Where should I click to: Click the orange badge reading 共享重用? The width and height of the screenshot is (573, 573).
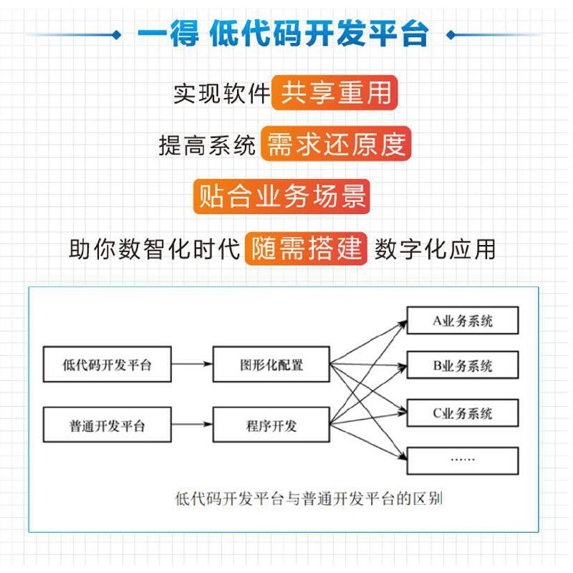[x=335, y=93]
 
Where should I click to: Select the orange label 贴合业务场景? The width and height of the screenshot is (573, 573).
[x=281, y=196]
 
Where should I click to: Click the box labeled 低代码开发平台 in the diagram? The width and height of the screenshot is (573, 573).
[x=107, y=365]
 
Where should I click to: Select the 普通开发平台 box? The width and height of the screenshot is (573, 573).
[x=107, y=425]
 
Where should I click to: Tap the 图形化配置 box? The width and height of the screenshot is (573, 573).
[x=271, y=365]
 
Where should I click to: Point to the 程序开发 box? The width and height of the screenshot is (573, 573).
[x=271, y=425]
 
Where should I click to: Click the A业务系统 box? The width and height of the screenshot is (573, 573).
[x=462, y=320]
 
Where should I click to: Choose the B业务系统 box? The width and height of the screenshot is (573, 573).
[x=462, y=366]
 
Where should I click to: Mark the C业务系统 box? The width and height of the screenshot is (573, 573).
[x=462, y=413]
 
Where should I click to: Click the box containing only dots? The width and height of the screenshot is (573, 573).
[x=462, y=460]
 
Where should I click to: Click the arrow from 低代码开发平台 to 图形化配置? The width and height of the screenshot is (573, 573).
[x=192, y=365]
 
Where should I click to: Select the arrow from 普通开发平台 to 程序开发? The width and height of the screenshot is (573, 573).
[x=192, y=425]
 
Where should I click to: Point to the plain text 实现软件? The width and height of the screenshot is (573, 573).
[x=221, y=94]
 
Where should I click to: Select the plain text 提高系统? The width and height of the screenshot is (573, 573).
[x=207, y=145]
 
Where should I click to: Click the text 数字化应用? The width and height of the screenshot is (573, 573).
[x=435, y=249]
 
